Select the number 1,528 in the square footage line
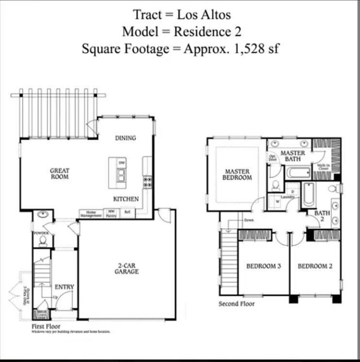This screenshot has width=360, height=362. click(250, 49)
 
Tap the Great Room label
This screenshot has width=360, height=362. click(59, 173)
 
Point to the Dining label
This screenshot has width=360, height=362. click(126, 138)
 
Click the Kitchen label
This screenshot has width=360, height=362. click(126, 199)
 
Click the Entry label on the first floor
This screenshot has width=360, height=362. click(64, 287)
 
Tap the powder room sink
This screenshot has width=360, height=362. click(42, 215)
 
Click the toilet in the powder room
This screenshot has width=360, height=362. click(42, 240)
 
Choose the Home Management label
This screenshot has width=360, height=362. click(91, 214)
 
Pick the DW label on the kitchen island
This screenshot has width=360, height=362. click(121, 163)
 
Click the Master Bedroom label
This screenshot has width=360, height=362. click(238, 174)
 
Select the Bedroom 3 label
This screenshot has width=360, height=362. click(263, 266)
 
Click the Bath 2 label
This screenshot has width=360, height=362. click(322, 216)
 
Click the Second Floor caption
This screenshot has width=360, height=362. click(237, 304)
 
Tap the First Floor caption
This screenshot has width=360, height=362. click(46, 326)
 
